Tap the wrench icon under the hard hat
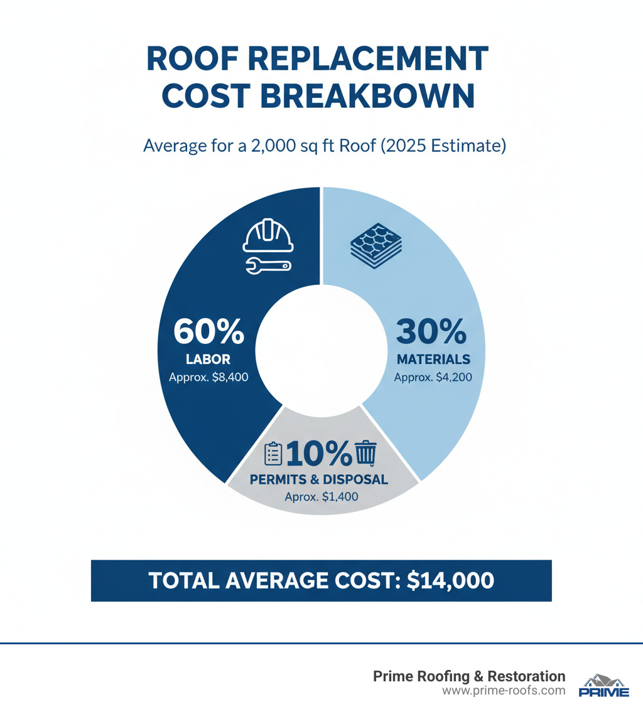pyautogui.click(x=267, y=266)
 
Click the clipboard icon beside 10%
pyautogui.click(x=273, y=453)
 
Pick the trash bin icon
pyautogui.click(x=365, y=452)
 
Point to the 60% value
pyautogui.click(x=209, y=332)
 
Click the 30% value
pyautogui.click(x=431, y=332)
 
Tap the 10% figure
pyautogui.click(x=319, y=453)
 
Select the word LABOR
pyautogui.click(x=208, y=359)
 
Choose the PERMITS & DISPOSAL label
pyautogui.click(x=319, y=480)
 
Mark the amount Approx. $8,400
pyautogui.click(x=208, y=378)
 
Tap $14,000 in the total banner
pyautogui.click(x=450, y=580)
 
